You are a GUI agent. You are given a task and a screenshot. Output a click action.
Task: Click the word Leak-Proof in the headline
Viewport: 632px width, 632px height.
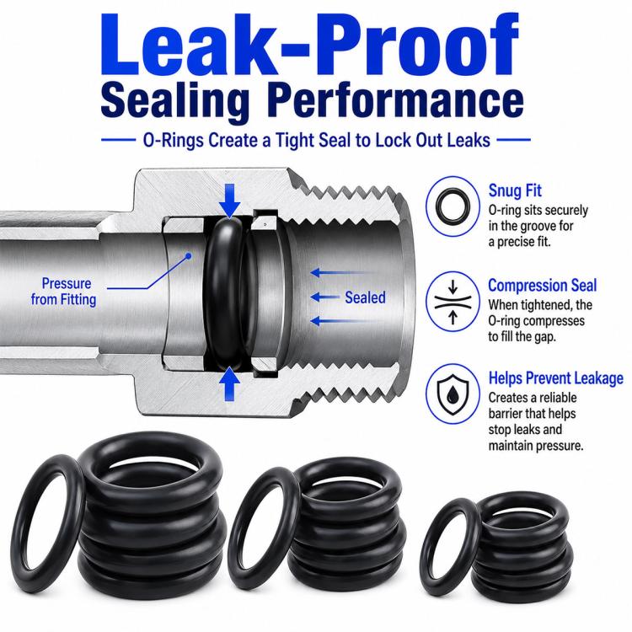pos(310,45)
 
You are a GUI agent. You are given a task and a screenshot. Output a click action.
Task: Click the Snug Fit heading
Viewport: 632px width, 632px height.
pos(515,190)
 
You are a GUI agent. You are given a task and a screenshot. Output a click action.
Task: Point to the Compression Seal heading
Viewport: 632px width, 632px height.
pos(542,286)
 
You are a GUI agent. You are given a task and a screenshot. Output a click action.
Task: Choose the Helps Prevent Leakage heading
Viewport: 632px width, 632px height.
pos(556,378)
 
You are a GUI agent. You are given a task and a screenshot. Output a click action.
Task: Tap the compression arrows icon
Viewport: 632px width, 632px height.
pos(453,302)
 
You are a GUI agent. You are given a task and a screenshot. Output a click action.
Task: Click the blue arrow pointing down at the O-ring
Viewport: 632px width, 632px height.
pos(230,201)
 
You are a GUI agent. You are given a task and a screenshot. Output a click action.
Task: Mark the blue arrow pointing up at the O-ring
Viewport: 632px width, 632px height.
pos(230,384)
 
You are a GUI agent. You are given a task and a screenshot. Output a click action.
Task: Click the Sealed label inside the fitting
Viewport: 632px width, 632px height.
pos(365,297)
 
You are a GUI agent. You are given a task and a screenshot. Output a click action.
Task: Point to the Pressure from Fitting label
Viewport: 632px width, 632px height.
pos(64,292)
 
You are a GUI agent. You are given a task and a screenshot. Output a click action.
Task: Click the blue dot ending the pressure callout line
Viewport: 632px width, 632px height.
pos(188,255)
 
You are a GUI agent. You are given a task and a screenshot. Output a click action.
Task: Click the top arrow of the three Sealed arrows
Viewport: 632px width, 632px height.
pos(343,273)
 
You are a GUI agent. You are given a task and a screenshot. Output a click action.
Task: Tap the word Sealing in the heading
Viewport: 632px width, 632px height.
pos(175,99)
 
